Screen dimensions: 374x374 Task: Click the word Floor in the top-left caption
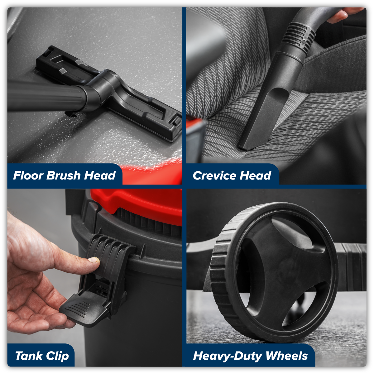28,175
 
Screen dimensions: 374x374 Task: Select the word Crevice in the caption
214,176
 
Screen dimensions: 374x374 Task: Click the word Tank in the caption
29,356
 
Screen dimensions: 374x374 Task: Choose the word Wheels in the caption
286,356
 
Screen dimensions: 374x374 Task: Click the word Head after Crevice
255,176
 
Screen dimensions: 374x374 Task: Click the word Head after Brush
100,175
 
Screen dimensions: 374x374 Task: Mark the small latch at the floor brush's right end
176,120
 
